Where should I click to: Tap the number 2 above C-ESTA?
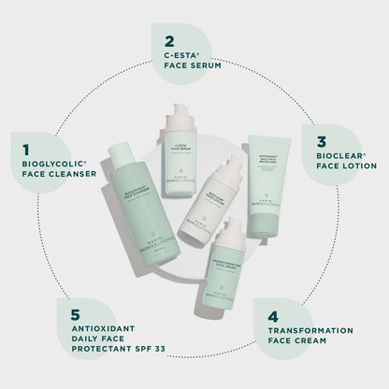pos(168,41)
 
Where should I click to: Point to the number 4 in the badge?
pos(272,316)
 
